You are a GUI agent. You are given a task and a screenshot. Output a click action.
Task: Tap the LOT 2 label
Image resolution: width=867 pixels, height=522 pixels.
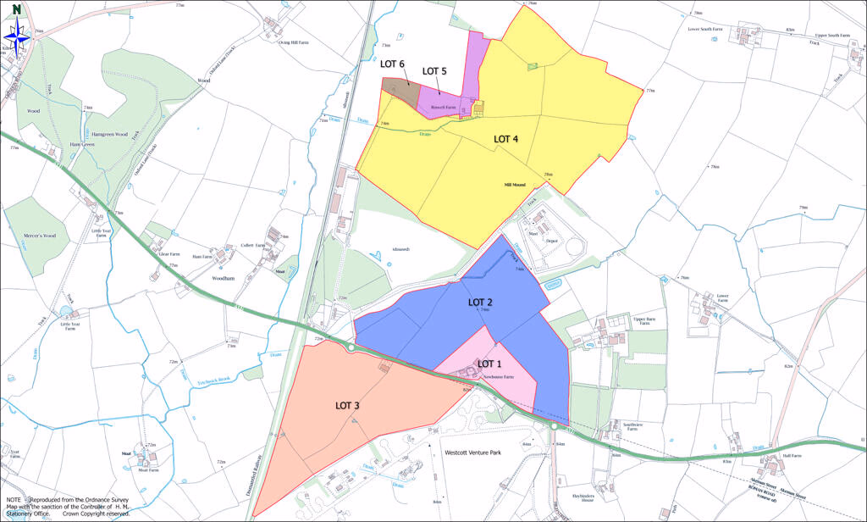tap(480, 302)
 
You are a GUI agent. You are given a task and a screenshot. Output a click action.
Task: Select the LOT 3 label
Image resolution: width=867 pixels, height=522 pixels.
tap(347, 406)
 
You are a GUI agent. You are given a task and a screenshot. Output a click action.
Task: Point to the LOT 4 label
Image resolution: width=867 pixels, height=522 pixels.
tap(506, 139)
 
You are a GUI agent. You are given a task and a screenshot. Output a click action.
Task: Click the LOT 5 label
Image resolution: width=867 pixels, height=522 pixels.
tap(434, 71)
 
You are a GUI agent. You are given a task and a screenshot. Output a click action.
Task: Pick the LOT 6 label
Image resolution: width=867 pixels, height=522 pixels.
tap(392, 64)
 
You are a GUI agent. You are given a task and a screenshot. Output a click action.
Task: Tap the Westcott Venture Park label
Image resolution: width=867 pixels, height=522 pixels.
tap(473, 453)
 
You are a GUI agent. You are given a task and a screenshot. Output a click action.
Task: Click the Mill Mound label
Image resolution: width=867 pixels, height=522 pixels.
tap(514, 184)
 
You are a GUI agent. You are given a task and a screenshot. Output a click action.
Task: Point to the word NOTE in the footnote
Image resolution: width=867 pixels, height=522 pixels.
tap(14, 501)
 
